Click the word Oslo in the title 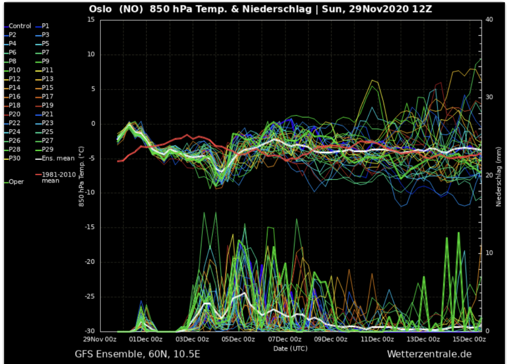pos(101,9)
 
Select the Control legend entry pos(19,26)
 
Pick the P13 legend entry pos(48,79)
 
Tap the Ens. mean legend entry pos(58,158)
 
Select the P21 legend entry pos(48,114)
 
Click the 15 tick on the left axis pos(90,20)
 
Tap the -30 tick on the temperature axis pos(89,331)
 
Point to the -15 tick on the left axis pos(89,227)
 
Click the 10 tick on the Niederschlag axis pos(489,253)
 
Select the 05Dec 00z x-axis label pos(238,340)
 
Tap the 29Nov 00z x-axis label pos(100,340)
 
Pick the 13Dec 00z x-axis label pos(423,340)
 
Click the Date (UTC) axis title pos(290,349)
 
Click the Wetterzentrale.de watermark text pos(429,354)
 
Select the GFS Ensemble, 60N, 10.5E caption pos(138,354)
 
